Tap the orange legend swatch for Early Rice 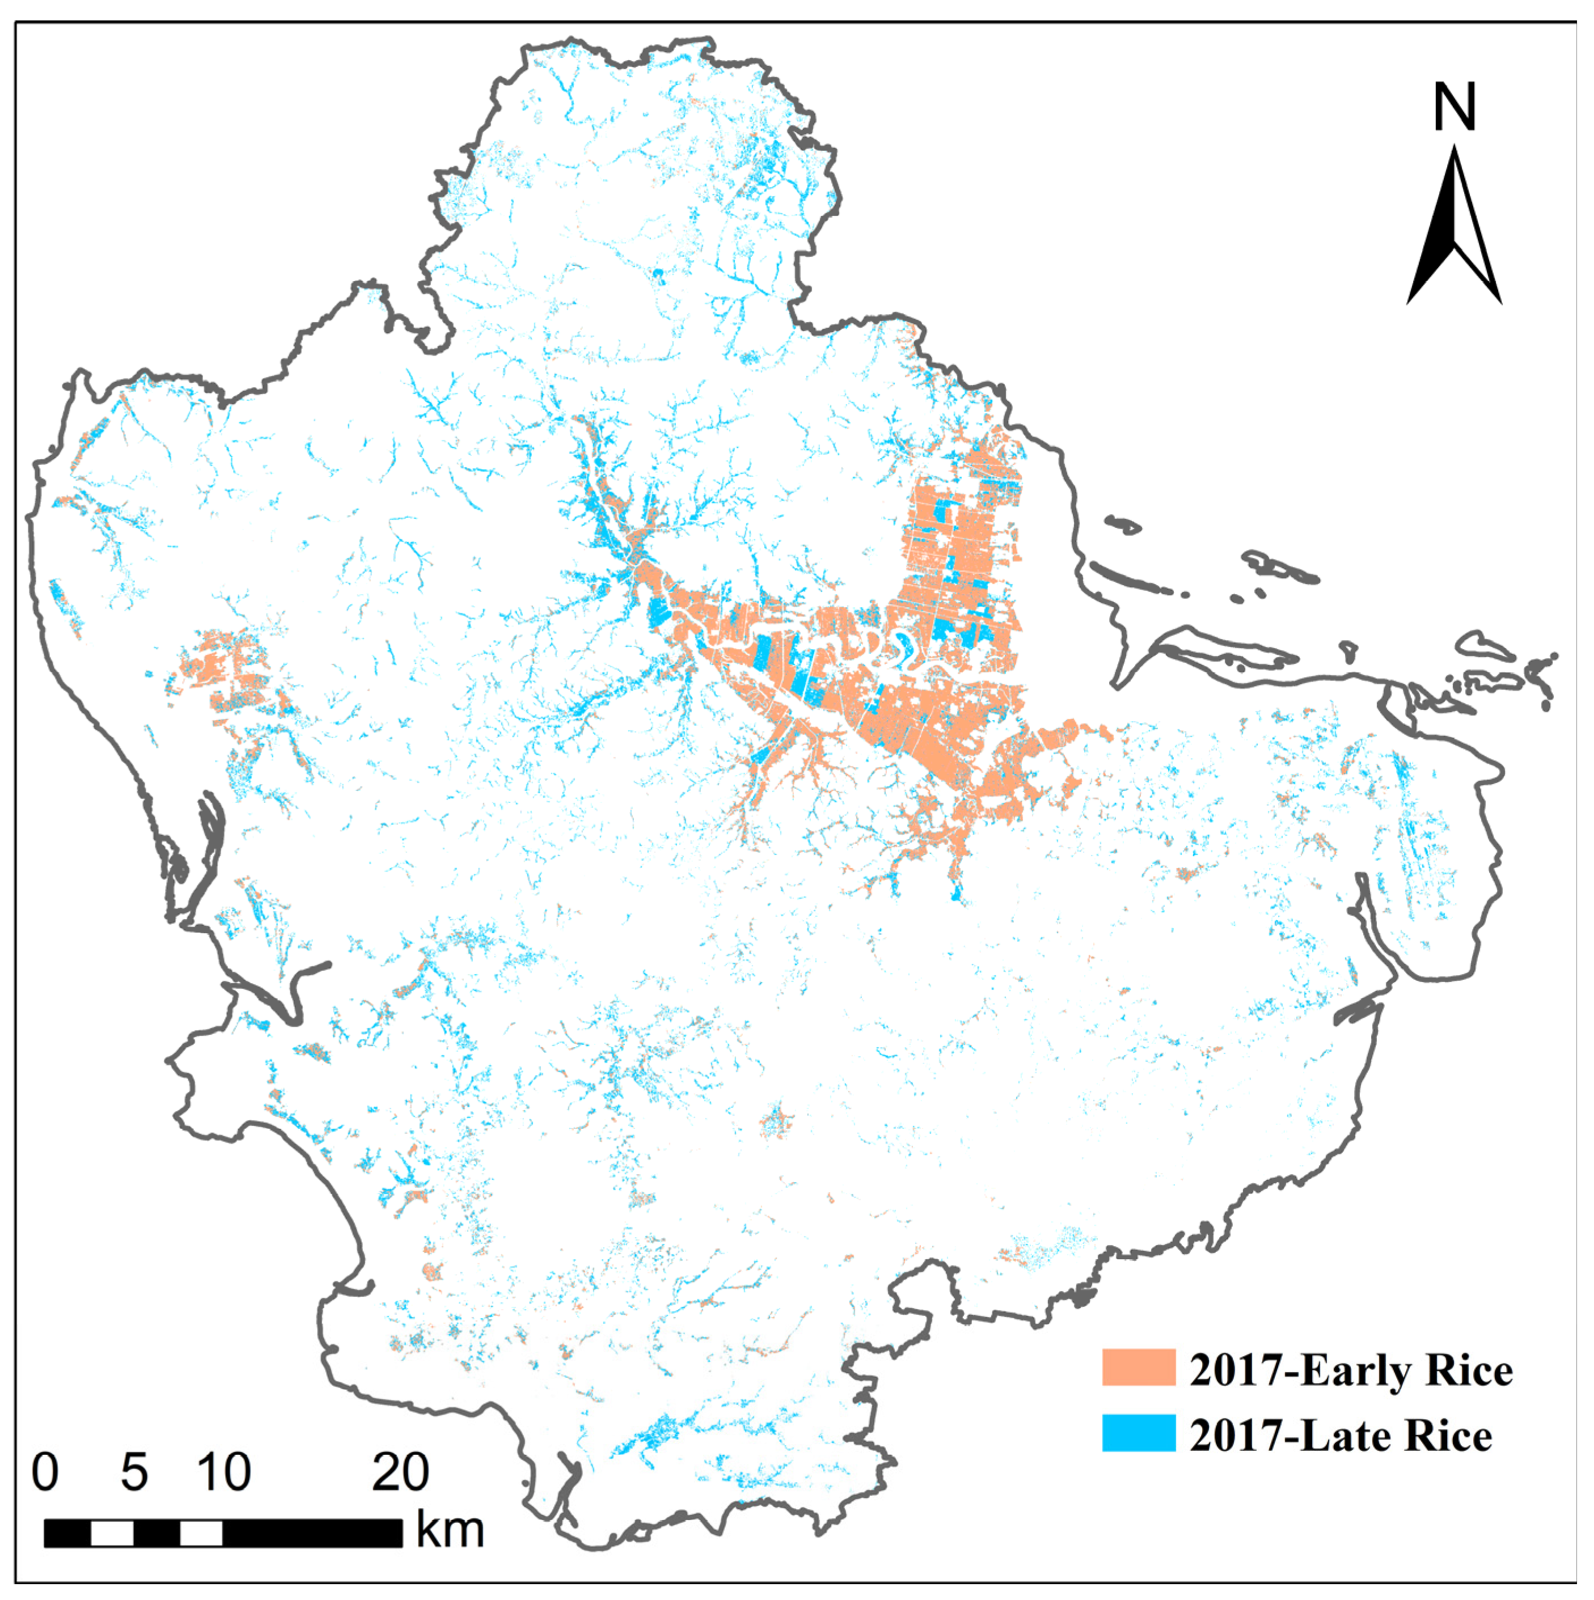(x=1138, y=1368)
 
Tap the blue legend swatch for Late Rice (x=1138, y=1433)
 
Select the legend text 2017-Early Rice (x=1350, y=1370)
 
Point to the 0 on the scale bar (x=45, y=1472)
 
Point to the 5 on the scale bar (x=134, y=1472)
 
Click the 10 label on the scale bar (x=223, y=1472)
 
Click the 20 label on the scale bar (x=400, y=1472)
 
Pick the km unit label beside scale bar (x=450, y=1530)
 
